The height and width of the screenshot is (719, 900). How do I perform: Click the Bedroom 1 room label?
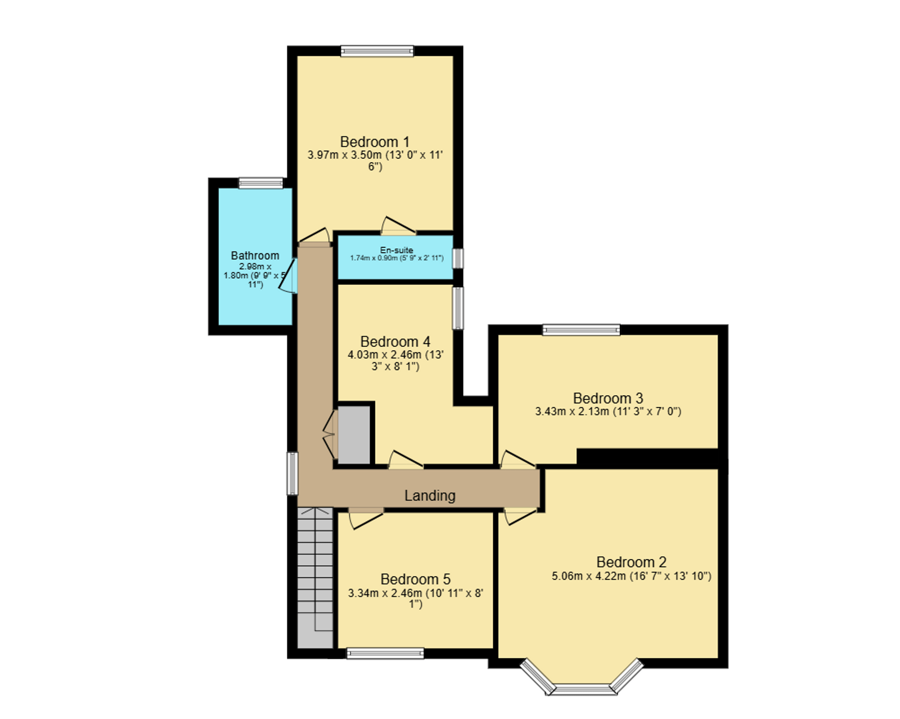coord(375,142)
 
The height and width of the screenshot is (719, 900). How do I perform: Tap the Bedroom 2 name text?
coord(631,562)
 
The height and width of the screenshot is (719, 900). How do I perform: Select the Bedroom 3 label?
coord(607,398)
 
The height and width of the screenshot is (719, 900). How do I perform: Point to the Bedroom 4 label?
coord(395,342)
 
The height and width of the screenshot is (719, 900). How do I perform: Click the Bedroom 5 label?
coord(415,579)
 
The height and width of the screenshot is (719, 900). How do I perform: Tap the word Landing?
coord(430,496)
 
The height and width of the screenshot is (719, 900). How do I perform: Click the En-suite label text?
coord(397,250)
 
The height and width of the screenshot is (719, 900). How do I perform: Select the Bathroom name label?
coord(255,256)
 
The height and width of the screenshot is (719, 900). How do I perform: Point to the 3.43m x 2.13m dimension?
coord(571,412)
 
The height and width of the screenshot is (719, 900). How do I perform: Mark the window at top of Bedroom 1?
coord(377,51)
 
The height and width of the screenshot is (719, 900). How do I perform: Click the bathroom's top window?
coord(261,183)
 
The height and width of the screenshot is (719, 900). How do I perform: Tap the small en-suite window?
coord(458,258)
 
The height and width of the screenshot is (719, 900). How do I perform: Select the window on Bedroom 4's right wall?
coord(458,308)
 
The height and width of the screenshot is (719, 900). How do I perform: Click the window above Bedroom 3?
coord(581,330)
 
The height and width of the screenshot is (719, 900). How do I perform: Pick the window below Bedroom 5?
coord(385,653)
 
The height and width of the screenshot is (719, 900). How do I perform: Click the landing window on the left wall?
coord(292,473)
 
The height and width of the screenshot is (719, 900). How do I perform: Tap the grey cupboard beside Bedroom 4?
coord(354,435)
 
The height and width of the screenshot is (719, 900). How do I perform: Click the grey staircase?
coord(315,578)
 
